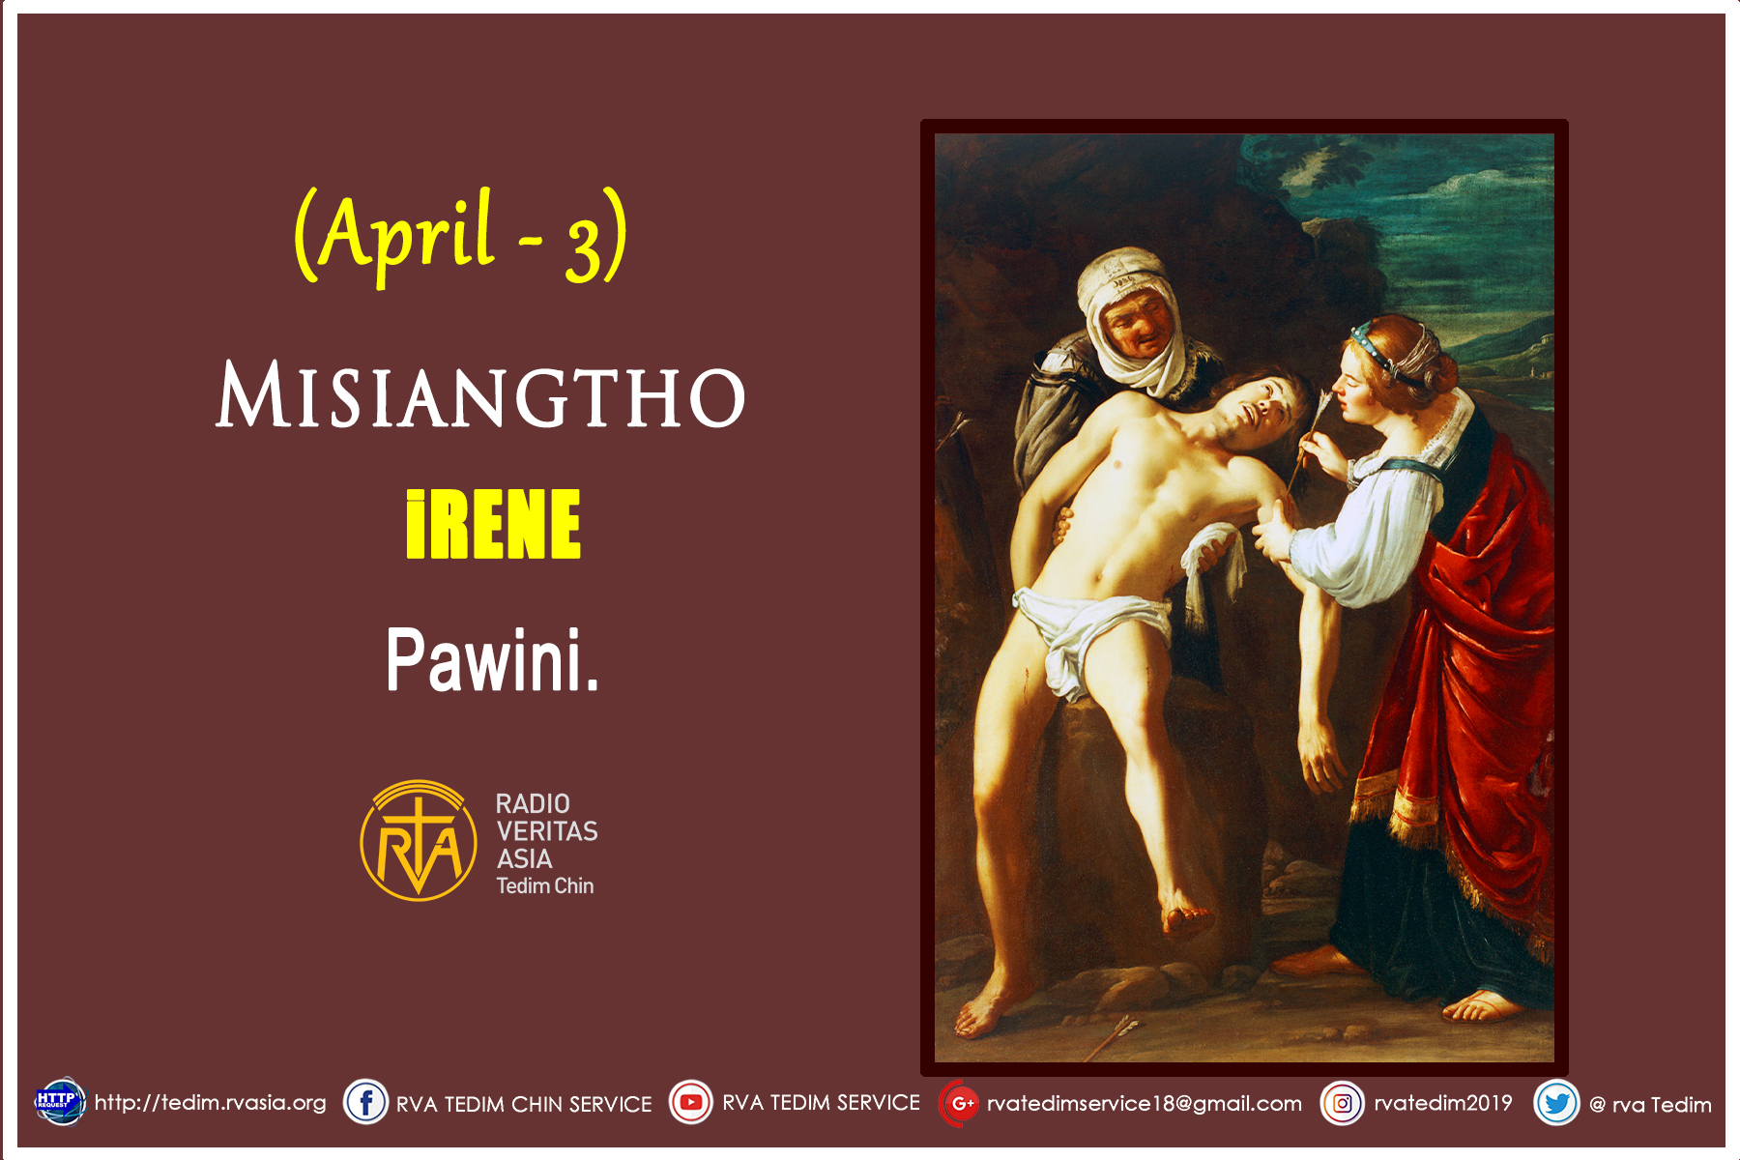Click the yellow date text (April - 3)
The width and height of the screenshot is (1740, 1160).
[461, 235]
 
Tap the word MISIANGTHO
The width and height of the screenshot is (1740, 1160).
[480, 395]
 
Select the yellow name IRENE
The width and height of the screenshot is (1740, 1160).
[493, 525]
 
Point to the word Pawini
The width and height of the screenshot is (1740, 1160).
[492, 659]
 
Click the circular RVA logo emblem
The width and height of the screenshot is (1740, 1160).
[419, 841]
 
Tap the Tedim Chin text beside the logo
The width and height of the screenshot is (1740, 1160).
[544, 886]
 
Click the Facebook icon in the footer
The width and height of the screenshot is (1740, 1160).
[366, 1103]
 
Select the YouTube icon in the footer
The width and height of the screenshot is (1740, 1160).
[690, 1103]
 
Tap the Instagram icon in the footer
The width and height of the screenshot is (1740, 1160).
[1342, 1103]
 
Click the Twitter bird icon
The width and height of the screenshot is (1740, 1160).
[1556, 1103]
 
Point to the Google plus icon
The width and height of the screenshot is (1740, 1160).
[960, 1103]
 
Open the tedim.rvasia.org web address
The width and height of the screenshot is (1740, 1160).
[211, 1103]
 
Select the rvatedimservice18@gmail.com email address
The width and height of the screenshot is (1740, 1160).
[1144, 1104]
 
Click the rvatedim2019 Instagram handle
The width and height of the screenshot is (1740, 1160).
[1442, 1103]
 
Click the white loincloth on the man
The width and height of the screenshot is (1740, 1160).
[1083, 628]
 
